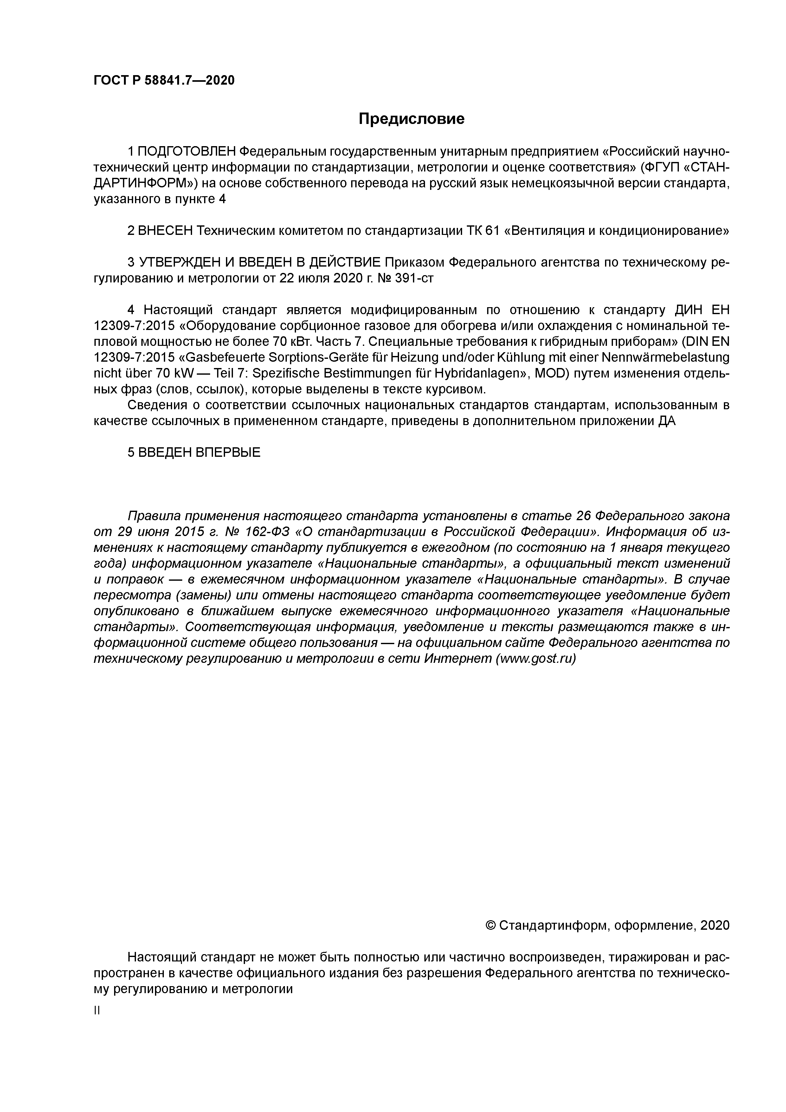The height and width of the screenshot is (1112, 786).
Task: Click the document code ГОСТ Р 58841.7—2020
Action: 164,81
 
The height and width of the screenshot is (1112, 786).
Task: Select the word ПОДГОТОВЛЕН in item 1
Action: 187,152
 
